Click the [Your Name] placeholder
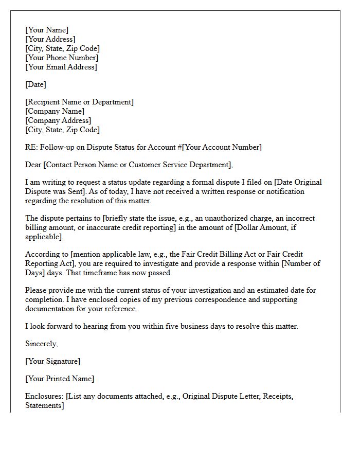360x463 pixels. click(47, 30)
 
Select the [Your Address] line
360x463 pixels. click(50, 39)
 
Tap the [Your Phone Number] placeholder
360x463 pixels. click(61, 58)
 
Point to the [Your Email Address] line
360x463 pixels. click(61, 67)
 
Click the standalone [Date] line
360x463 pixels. click(35, 84)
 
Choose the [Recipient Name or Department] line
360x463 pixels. click(79, 102)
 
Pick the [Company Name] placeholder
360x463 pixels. click(55, 111)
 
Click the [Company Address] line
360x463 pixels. click(58, 120)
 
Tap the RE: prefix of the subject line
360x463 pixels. click(31, 147)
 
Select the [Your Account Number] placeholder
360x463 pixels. click(222, 147)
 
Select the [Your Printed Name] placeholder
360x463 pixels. click(60, 379)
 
